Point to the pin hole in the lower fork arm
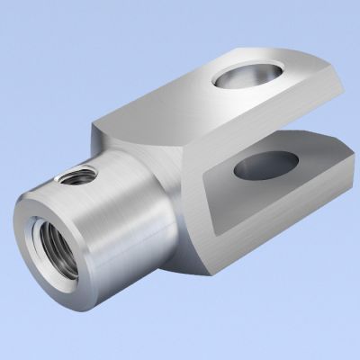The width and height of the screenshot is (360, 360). [266, 165]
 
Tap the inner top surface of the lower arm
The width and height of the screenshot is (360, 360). [306, 162]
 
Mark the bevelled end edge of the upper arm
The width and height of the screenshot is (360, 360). [335, 99]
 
